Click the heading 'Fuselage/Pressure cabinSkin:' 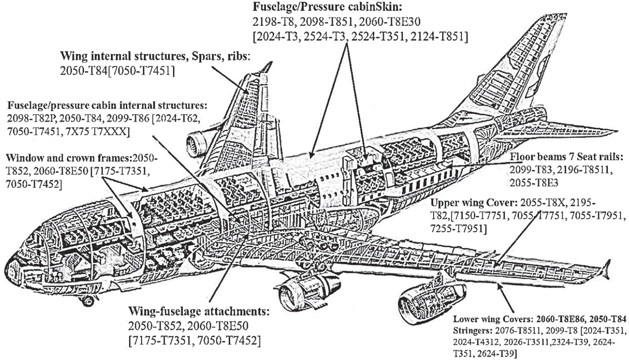327,6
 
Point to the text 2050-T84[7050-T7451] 117,71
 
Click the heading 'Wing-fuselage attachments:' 199,312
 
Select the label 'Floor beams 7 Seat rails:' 567,157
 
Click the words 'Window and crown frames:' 69,158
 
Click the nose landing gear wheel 88,301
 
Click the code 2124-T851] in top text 440,37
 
